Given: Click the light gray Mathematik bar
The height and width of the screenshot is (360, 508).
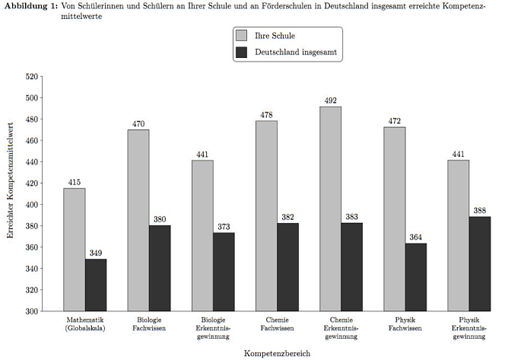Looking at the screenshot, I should point(75,250).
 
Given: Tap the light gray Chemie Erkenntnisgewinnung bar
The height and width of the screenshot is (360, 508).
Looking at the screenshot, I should point(330,209).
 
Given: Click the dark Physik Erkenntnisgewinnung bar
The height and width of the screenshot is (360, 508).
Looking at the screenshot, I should point(480,264).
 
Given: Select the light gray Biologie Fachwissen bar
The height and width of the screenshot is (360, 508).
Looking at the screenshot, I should point(138,220).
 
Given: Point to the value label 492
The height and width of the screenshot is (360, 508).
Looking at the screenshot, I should point(330,100).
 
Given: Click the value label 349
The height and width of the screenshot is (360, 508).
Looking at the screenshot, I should point(96,253).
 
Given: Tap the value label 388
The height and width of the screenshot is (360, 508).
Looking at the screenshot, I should point(480,211).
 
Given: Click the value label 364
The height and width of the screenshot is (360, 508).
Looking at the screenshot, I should point(415,237).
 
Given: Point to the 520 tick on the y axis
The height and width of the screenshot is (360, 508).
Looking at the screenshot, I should point(31,77).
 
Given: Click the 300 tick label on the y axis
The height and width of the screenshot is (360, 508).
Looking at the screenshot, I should point(31,311).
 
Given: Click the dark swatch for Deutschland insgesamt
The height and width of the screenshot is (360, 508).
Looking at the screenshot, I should point(243,53).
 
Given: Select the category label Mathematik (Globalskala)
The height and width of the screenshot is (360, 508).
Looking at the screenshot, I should point(85,324).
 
